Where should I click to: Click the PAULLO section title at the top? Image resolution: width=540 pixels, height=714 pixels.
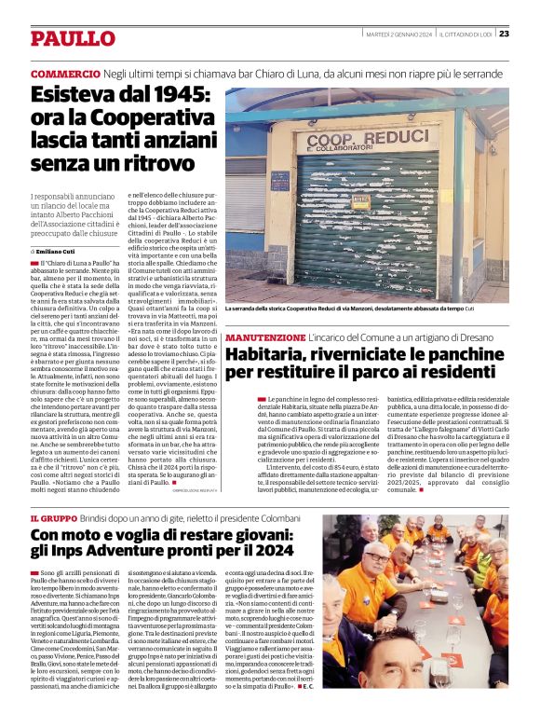(72, 38)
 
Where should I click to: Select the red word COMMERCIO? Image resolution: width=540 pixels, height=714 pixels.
(64, 74)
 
